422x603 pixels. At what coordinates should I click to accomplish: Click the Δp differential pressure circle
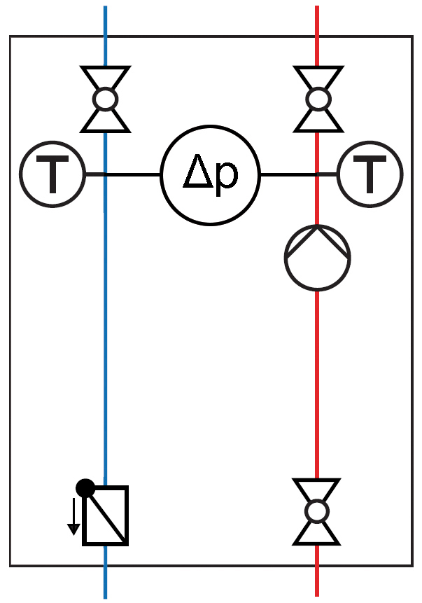(x=210, y=174)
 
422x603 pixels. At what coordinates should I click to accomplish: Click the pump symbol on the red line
(x=317, y=258)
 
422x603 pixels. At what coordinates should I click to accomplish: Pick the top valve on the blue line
(x=105, y=99)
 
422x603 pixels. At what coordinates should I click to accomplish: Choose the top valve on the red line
(x=318, y=99)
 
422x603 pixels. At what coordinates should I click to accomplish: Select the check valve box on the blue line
(x=106, y=515)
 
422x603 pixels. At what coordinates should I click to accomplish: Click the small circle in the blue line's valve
(x=105, y=99)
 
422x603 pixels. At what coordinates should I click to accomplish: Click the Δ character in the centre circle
(x=196, y=174)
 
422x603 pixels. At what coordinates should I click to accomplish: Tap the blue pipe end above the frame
(x=105, y=20)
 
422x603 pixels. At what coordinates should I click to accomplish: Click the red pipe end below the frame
(x=317, y=583)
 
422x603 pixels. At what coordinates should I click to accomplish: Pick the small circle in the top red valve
(x=318, y=99)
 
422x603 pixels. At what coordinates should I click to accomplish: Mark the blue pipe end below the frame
(x=105, y=583)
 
